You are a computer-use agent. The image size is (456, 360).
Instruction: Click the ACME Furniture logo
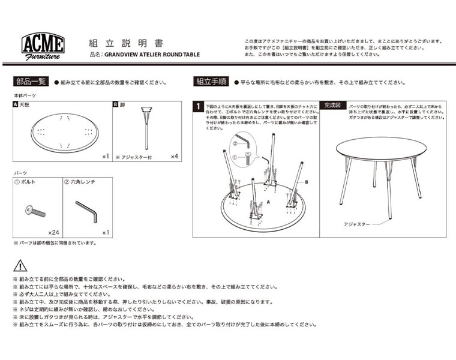(43, 46)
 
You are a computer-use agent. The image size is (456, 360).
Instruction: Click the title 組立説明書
(125, 43)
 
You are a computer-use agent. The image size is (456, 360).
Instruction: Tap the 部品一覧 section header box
(31, 82)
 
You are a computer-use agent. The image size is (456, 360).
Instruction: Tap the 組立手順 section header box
(211, 82)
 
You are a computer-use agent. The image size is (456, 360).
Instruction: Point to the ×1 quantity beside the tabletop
(105, 157)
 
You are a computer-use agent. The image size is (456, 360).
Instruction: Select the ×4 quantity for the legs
(174, 157)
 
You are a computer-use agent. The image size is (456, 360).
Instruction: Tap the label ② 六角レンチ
(80, 181)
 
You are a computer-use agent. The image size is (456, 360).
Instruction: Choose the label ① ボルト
(25, 181)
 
